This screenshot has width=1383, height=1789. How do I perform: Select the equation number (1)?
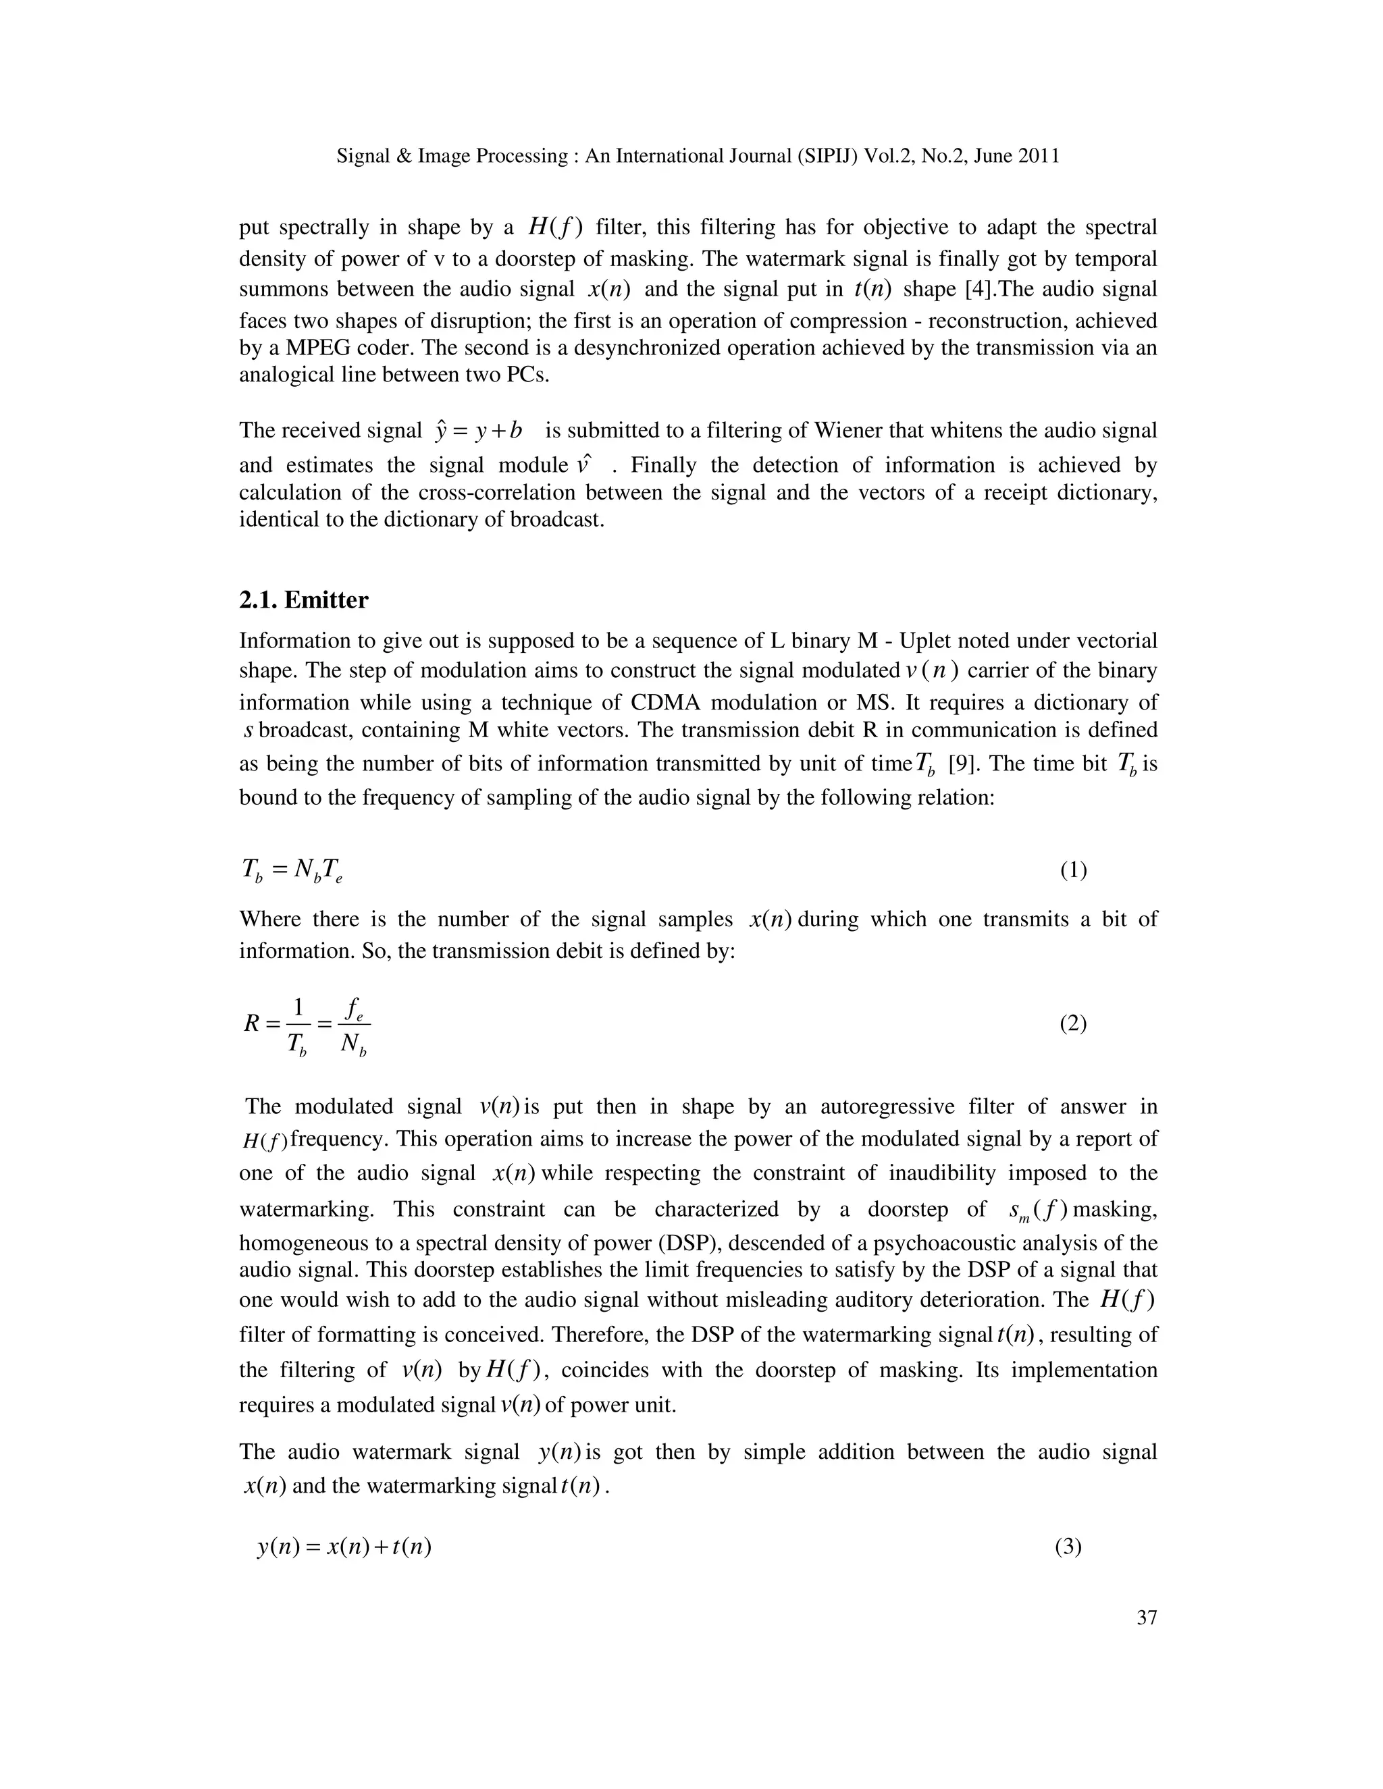pyautogui.click(x=1073, y=870)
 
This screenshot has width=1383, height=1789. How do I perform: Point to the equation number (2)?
pyautogui.click(x=1073, y=1023)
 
